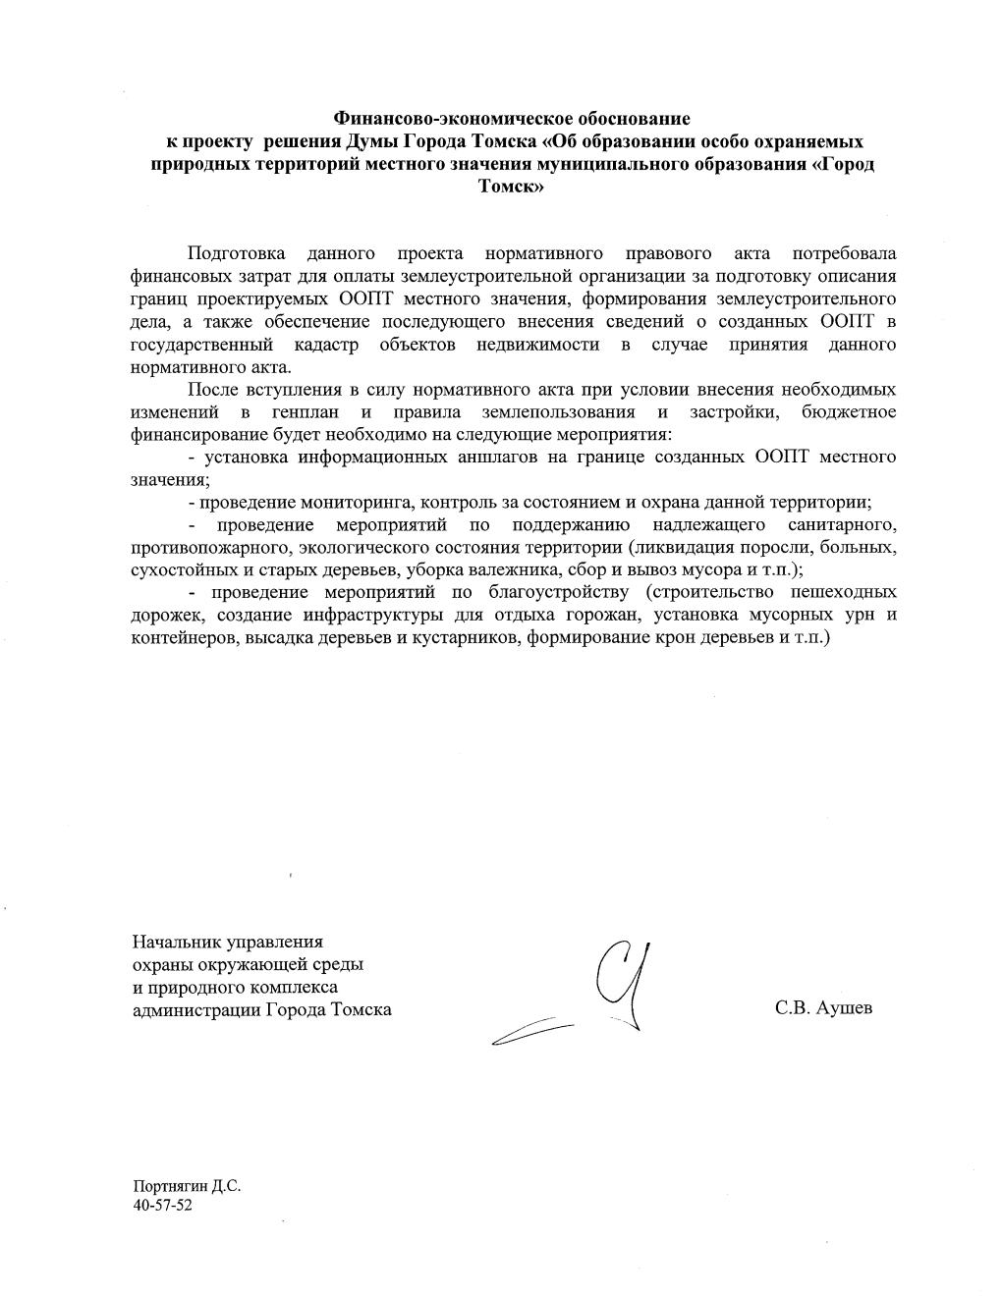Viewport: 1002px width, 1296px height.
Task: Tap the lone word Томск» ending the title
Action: pos(511,187)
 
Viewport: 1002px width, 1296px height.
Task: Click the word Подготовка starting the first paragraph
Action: pos(237,254)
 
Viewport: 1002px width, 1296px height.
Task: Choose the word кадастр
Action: pos(325,345)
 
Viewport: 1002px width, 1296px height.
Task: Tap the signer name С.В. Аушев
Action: pos(822,1008)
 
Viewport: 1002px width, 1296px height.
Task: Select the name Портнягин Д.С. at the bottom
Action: pos(187,1186)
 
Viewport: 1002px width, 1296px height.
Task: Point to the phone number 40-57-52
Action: pos(162,1205)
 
